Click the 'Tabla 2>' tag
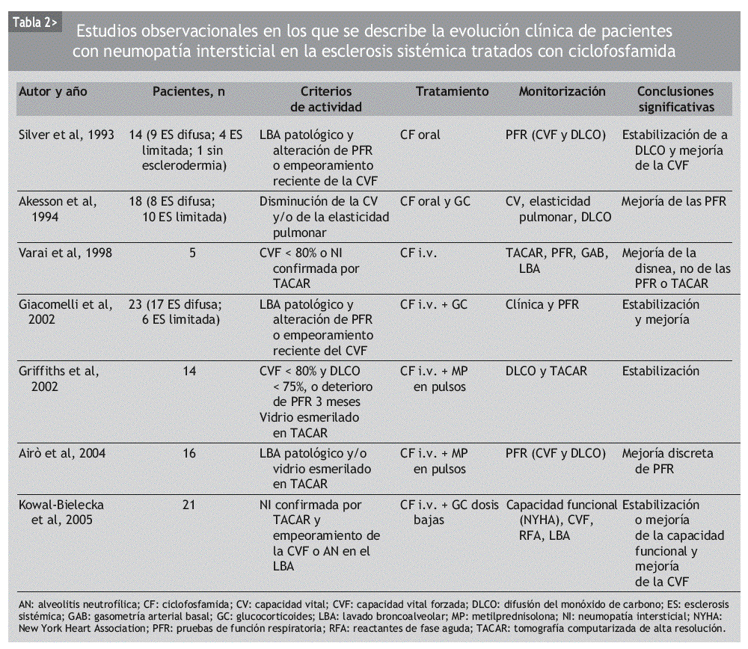[x=34, y=23]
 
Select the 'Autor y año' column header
[x=52, y=92]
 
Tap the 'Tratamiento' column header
[x=452, y=92]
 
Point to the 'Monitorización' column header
[x=562, y=92]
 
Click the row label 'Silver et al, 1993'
[x=66, y=135]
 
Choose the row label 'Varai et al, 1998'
[x=65, y=253]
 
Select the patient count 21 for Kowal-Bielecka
[x=188, y=505]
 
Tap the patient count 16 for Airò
[x=188, y=453]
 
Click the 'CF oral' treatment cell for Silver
[x=420, y=135]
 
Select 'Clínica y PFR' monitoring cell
[x=542, y=304]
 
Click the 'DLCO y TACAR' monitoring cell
[x=546, y=371]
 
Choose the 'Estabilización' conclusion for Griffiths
[x=660, y=371]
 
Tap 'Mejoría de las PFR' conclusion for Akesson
[x=674, y=201]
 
